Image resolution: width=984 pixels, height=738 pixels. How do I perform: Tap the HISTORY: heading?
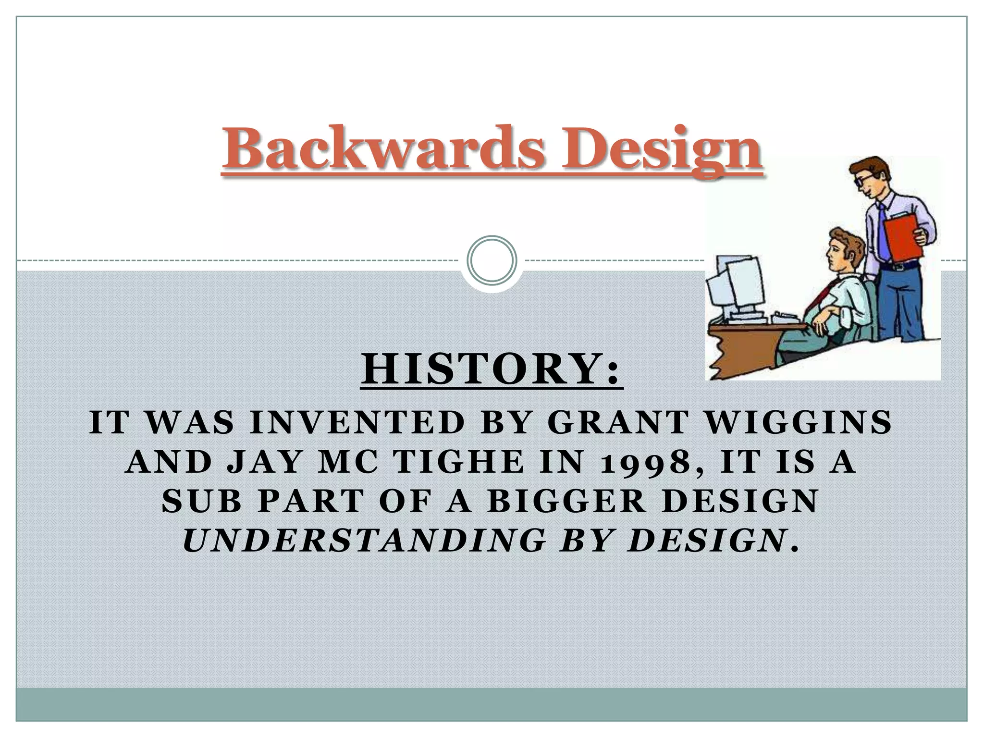[491, 370]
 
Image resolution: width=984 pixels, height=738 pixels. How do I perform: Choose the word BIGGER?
[569, 501]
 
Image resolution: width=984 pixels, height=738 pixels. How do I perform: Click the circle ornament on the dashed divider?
[492, 260]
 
